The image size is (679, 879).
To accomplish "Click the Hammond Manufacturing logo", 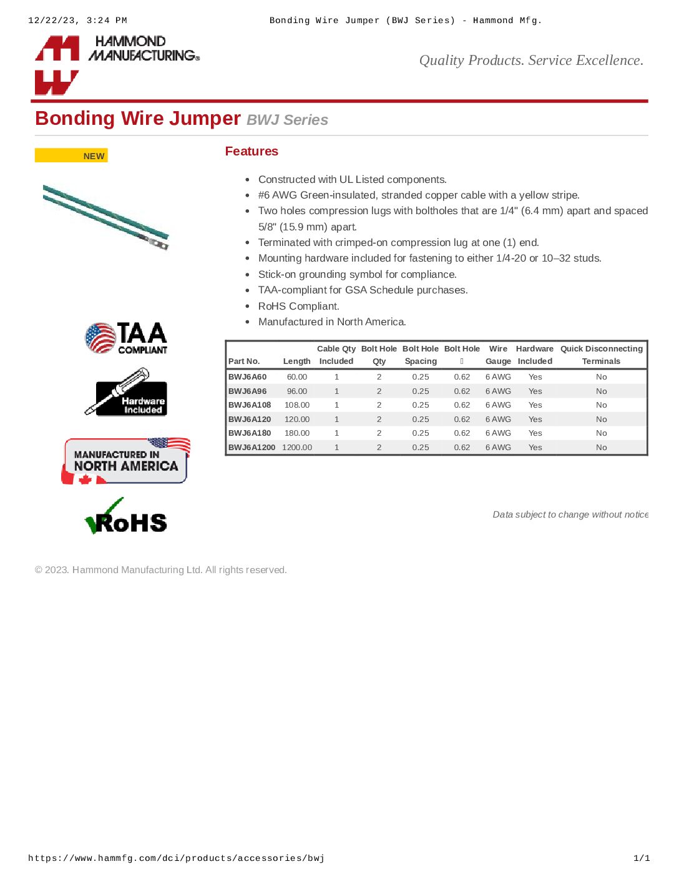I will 117,64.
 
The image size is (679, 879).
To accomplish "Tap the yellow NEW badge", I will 71,155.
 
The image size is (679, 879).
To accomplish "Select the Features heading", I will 252,151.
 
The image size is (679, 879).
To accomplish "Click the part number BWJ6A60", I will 247,377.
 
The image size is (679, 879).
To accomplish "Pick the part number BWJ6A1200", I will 252,448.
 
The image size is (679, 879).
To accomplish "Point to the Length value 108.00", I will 297,405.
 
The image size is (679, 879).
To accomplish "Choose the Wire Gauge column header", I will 498,355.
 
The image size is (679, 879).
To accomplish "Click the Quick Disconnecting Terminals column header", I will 601,355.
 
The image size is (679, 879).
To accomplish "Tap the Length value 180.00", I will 297,433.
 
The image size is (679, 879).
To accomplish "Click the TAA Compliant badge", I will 126,338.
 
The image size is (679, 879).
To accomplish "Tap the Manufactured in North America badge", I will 126,461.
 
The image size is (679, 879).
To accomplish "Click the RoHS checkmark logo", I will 126,517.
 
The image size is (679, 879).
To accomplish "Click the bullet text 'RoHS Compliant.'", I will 299,306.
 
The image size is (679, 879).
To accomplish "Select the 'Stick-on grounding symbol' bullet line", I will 358,274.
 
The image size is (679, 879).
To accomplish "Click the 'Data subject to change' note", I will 570,514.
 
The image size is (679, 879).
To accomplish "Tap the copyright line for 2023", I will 161,570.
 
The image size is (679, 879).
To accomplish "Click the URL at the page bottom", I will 176,858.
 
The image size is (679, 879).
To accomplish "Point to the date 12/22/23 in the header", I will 53,21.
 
